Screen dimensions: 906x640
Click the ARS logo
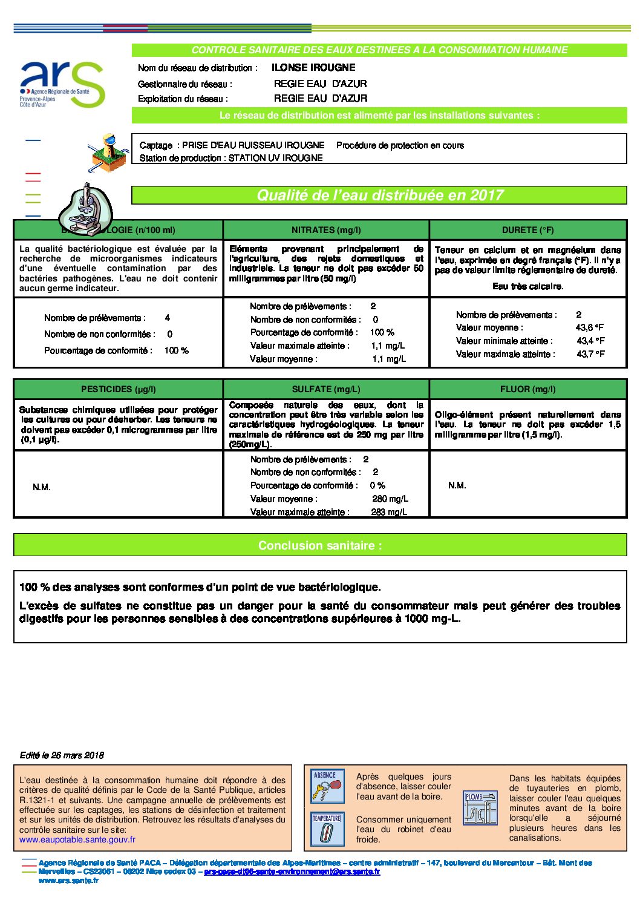point(62,84)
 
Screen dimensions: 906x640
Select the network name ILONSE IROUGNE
point(313,68)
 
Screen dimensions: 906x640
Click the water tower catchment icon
point(108,153)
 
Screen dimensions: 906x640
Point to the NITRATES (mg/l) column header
point(326,230)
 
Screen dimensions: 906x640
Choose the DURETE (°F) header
point(527,230)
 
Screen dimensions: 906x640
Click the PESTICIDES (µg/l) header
point(119,389)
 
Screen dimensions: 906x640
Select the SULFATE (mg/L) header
point(326,389)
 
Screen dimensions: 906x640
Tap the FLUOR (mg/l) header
point(527,389)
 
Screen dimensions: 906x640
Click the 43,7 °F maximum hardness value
point(590,354)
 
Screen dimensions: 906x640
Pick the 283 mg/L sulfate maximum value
point(389,512)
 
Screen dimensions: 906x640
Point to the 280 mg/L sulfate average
point(390,499)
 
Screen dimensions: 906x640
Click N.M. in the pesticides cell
point(42,487)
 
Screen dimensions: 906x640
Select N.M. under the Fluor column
point(457,485)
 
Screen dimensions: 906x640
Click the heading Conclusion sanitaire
point(320,545)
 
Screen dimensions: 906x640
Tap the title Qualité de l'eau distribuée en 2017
point(380,195)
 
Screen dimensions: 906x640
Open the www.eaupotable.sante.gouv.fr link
point(77,839)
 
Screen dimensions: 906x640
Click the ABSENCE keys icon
point(327,786)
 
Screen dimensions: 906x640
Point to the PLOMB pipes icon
point(480,807)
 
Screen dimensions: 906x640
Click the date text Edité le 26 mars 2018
point(62,755)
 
